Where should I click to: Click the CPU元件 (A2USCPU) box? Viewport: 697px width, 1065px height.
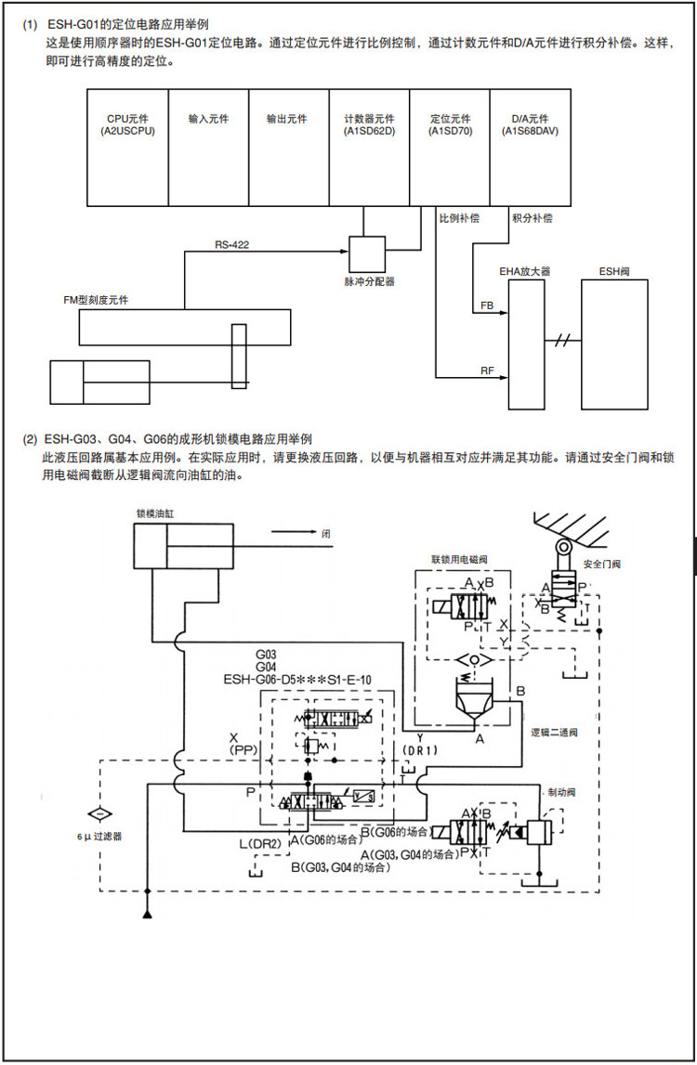coord(127,147)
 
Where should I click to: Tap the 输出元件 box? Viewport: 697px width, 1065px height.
coord(288,147)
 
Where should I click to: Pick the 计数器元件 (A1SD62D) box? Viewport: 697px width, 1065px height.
coord(369,147)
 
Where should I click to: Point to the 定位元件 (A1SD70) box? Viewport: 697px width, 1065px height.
coord(450,147)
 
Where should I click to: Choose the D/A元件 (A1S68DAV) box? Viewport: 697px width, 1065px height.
coord(531,147)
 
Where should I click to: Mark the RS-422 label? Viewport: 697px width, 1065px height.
coord(232,244)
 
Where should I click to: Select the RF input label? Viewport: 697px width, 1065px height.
coord(487,370)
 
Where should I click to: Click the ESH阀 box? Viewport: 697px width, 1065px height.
coord(614,344)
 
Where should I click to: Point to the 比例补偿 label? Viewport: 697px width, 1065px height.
coord(459,218)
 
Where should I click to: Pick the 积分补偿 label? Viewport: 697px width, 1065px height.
coord(532,218)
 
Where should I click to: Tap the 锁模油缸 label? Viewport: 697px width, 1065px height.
coord(156,513)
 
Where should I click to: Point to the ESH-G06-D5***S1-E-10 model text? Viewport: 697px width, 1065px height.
coord(297,680)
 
